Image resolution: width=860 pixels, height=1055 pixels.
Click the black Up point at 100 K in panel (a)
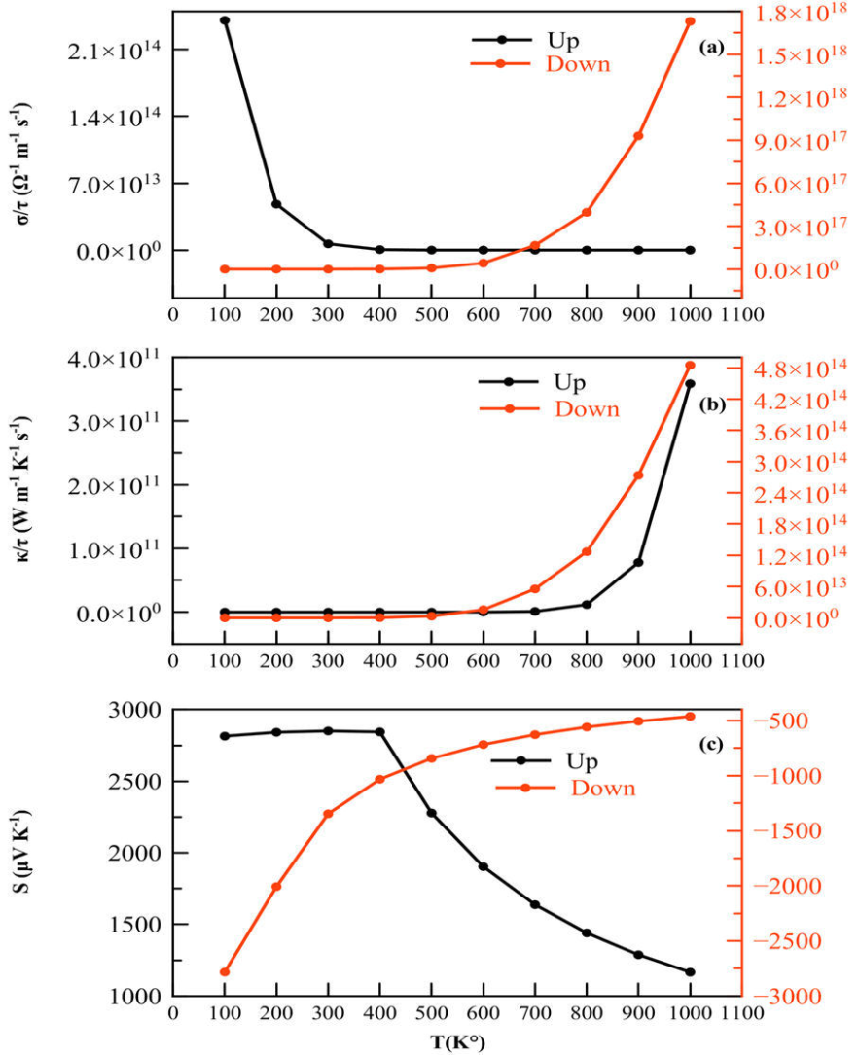pos(225,20)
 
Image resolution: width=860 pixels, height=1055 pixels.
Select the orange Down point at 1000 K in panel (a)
pos(691,21)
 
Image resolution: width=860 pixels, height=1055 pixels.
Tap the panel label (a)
pos(712,47)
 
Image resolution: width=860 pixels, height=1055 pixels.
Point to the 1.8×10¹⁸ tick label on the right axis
pos(798,14)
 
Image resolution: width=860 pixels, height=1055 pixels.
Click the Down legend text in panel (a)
pos(578,65)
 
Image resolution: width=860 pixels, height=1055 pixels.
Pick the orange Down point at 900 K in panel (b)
pos(638,475)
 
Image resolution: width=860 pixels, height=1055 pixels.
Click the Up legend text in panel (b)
pos(569,382)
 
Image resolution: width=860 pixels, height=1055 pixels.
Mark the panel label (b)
pos(712,405)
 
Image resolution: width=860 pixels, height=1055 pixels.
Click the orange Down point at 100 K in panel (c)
pos(225,972)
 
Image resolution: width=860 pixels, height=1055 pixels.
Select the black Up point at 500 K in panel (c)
pos(431,813)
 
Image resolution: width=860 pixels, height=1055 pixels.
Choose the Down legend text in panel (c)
pos(603,788)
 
